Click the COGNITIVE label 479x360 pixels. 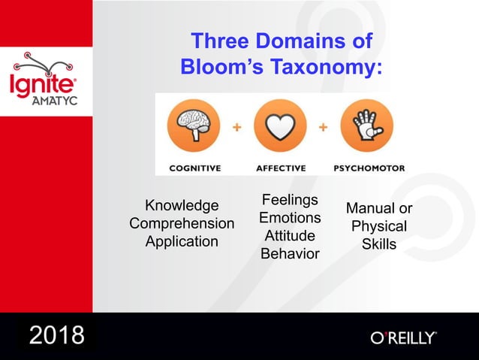click(194, 168)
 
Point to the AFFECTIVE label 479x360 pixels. click(281, 168)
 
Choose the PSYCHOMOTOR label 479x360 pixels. click(369, 168)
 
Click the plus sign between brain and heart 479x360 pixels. click(236, 128)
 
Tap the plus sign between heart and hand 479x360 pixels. click(323, 128)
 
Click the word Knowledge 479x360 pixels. click(182, 206)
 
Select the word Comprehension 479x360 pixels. click(182, 224)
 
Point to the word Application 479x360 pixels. click(182, 241)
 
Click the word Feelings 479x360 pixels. click(290, 200)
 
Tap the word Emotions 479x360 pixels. click(290, 218)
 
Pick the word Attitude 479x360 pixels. click(290, 236)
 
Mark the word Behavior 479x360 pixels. click(290, 254)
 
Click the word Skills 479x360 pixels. click(379, 244)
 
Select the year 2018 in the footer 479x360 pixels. click(57, 335)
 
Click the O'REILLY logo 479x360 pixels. click(403, 337)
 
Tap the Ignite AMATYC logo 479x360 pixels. click(46, 81)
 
